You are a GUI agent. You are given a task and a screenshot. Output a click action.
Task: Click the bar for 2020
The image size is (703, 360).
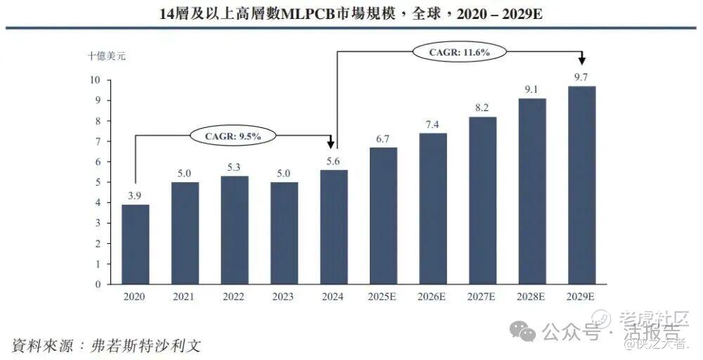[x=135, y=245]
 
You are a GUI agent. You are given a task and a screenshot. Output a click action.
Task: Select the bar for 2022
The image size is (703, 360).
[x=234, y=231]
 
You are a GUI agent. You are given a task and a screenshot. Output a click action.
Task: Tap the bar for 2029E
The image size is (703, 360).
[x=581, y=186]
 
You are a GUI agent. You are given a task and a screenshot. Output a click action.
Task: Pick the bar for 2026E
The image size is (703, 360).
[x=432, y=209]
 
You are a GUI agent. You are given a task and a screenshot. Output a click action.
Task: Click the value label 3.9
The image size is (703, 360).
[x=135, y=195]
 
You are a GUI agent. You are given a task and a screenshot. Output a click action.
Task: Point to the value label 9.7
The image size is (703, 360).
[x=581, y=77]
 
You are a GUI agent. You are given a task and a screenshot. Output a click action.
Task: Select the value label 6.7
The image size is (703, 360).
[x=383, y=139]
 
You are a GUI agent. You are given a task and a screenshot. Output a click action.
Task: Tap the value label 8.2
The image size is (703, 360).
[x=482, y=108]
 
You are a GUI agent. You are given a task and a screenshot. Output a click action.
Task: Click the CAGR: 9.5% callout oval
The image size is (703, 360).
[x=232, y=136]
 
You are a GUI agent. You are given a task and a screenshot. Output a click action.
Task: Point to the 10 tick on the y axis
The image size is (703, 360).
[x=96, y=80]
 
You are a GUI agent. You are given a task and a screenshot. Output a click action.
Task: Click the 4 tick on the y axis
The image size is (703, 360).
[x=98, y=203]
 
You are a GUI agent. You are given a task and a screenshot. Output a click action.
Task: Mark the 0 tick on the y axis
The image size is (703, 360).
[x=98, y=285]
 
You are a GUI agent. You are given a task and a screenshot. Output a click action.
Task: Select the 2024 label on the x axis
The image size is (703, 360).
[x=333, y=297]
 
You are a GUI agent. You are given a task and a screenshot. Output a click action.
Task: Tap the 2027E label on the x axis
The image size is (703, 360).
[x=482, y=297]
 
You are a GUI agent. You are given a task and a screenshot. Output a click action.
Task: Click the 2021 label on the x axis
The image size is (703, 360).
[x=184, y=297]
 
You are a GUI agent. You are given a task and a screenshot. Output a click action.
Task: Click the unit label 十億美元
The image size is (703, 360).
[x=108, y=54]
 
